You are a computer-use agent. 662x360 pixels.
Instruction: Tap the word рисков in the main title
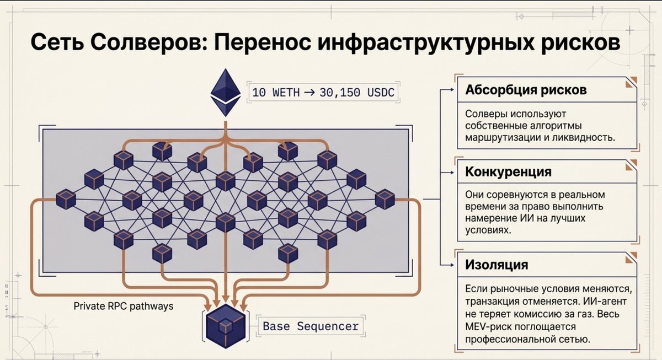(580, 43)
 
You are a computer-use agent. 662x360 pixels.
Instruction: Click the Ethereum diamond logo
(226, 93)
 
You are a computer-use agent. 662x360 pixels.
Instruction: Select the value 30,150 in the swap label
(340, 93)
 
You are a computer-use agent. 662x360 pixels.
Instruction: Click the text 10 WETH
(276, 93)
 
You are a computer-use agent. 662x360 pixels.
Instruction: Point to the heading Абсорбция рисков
(526, 90)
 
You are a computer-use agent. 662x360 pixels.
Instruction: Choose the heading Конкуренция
(508, 171)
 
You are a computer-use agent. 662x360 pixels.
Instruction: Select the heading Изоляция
(496, 265)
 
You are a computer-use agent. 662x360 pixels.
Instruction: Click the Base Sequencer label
(311, 326)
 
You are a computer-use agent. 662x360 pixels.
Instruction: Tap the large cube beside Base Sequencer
(226, 326)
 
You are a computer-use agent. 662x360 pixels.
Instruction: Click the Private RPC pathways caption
(124, 307)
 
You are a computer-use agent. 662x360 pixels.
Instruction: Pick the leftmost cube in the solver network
(66, 200)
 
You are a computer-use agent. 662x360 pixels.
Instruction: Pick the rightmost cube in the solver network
(385, 200)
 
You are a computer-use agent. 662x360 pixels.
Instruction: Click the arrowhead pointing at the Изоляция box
(452, 265)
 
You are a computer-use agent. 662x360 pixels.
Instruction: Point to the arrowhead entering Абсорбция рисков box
(452, 89)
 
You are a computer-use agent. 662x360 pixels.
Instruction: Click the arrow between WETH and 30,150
(309, 93)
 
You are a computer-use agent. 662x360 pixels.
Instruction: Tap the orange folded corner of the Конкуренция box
(631, 165)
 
